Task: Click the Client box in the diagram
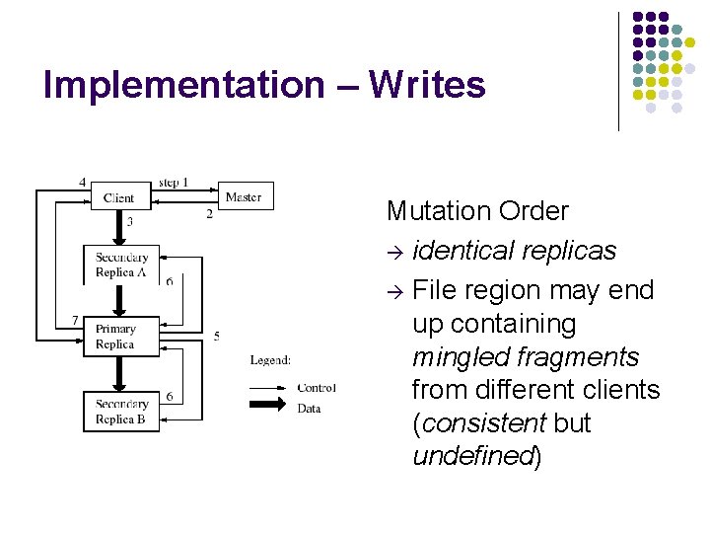119,197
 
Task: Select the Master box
244,196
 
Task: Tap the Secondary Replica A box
121,265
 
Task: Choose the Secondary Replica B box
121,412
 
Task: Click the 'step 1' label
174,183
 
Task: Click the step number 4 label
82,183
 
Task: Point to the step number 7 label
76,321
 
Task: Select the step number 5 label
216,337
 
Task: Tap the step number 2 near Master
209,214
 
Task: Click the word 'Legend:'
270,360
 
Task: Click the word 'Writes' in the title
427,85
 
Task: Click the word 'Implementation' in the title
182,85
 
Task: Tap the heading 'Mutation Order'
477,211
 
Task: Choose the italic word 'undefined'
472,456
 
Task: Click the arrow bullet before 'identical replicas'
395,253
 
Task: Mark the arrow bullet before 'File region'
395,292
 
